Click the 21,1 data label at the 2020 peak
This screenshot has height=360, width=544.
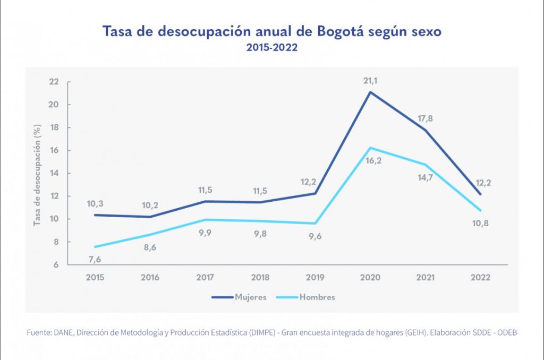click(x=370, y=81)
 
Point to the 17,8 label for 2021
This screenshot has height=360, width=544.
click(x=425, y=119)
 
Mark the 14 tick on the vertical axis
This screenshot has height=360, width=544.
click(x=54, y=174)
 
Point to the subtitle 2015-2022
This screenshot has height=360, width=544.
click(x=271, y=48)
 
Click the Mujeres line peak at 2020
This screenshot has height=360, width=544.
click(x=370, y=92)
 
